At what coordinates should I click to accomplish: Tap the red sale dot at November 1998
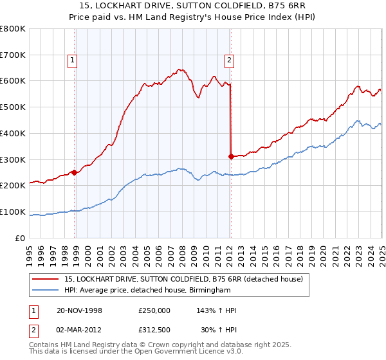point(75,172)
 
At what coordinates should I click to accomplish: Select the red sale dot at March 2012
point(231,156)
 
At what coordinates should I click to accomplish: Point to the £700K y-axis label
point(13,55)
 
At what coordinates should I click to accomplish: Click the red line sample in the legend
point(46,278)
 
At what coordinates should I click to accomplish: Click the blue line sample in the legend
point(46,291)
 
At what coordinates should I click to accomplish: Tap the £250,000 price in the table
point(154,310)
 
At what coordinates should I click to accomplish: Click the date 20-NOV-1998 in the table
point(80,310)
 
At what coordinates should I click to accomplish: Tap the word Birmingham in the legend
point(208,291)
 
